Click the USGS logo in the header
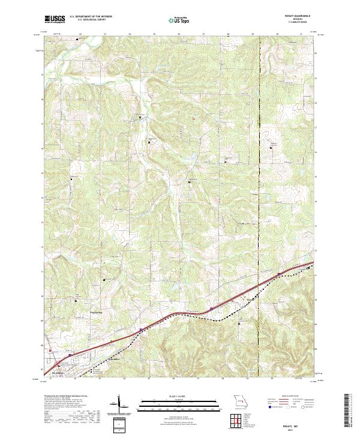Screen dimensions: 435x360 click(x=54, y=19)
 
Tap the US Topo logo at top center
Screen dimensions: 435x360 click(x=175, y=19)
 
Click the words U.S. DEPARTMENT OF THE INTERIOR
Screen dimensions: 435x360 click(x=91, y=16)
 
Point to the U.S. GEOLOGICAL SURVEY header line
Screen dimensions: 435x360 click(x=88, y=19)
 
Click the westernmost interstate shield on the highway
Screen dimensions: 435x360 click(x=70, y=355)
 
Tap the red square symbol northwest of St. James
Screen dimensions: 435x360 click(x=50, y=351)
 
